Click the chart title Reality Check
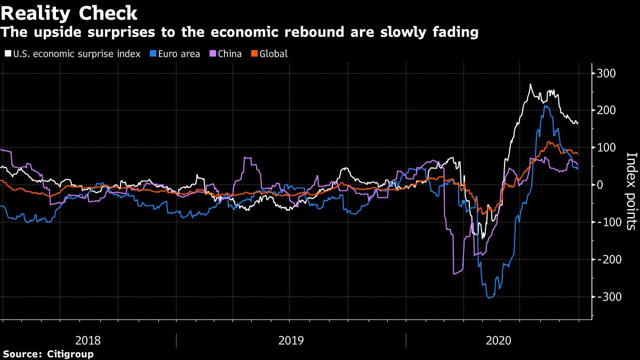point(69,12)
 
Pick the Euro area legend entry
point(177,54)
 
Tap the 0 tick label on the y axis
point(601,185)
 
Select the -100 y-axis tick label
point(607,222)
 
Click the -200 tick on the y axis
point(607,260)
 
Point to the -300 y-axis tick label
point(607,297)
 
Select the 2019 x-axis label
point(291,340)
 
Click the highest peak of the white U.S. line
point(530,84)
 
